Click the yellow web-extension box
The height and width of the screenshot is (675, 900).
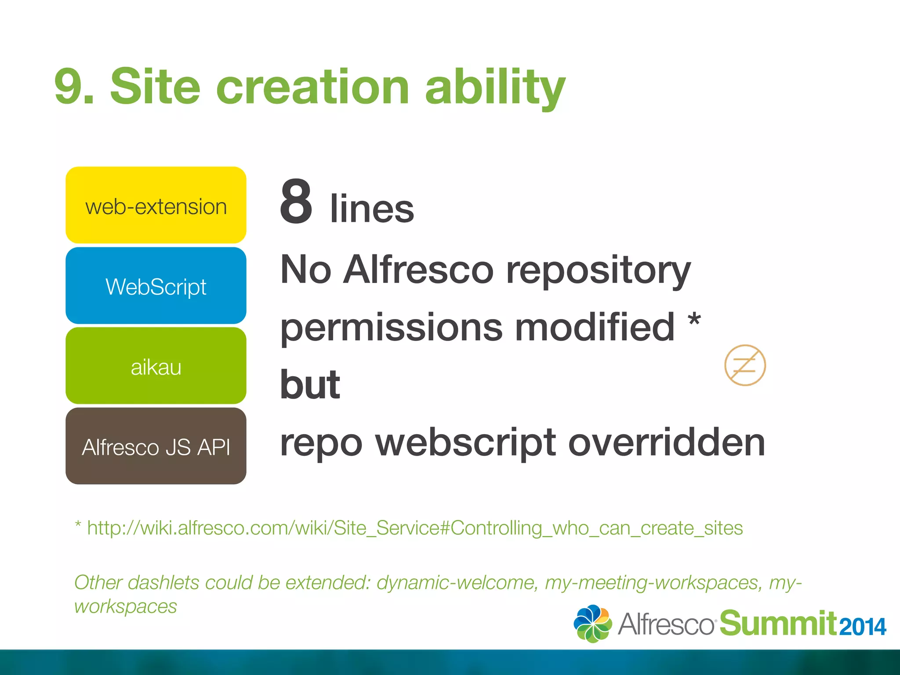click(156, 205)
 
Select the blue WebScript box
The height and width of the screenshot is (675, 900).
click(156, 286)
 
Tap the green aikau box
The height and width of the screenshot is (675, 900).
click(156, 366)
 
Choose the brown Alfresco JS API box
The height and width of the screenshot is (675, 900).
click(156, 446)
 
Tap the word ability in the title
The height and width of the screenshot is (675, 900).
click(495, 87)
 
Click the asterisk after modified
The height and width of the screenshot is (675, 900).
click(694, 319)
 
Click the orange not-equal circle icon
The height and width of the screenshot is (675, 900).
click(745, 365)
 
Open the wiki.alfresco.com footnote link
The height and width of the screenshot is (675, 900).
click(414, 528)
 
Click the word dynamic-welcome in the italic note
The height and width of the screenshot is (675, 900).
click(457, 583)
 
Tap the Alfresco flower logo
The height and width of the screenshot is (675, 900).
click(592, 624)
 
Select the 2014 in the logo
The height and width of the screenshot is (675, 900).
click(863, 627)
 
